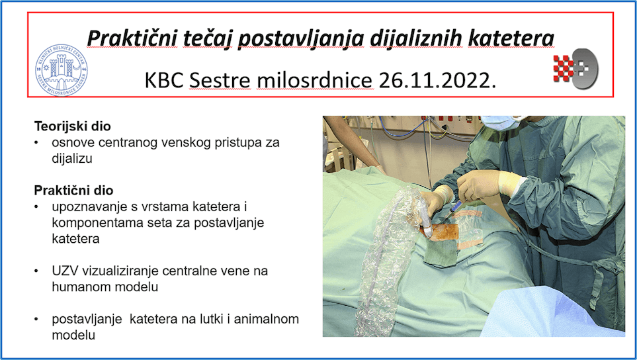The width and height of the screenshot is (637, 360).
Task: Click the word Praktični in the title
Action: click(x=132, y=38)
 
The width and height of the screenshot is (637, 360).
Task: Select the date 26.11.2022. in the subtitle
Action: click(x=437, y=81)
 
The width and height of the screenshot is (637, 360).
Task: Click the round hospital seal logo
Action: click(x=62, y=70)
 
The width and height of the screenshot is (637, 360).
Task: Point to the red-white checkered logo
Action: click(x=575, y=68)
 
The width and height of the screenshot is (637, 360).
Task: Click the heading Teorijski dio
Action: click(x=72, y=126)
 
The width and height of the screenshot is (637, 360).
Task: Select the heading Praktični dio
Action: click(x=73, y=191)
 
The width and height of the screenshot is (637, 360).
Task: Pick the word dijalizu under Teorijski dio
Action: click(x=72, y=158)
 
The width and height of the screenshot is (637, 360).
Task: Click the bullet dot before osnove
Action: click(x=36, y=143)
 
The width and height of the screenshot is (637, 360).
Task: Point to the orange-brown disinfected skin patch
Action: click(x=444, y=232)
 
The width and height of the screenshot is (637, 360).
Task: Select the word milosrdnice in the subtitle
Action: click(x=315, y=81)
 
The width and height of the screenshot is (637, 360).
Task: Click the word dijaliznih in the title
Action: click(x=416, y=38)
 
